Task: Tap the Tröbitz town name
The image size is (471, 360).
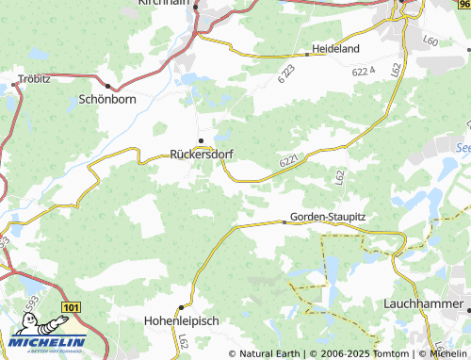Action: coord(35,78)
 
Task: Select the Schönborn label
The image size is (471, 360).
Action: coord(107,97)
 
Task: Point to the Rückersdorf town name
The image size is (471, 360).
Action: coord(202,154)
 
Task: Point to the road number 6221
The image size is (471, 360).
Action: coord(290,162)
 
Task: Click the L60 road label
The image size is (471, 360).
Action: coord(431,41)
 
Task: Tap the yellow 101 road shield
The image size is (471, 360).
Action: coord(70,307)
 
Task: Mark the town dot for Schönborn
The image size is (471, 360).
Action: coord(107,84)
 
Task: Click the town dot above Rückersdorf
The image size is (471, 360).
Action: coord(200,140)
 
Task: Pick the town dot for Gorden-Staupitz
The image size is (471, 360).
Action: coord(284,222)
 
